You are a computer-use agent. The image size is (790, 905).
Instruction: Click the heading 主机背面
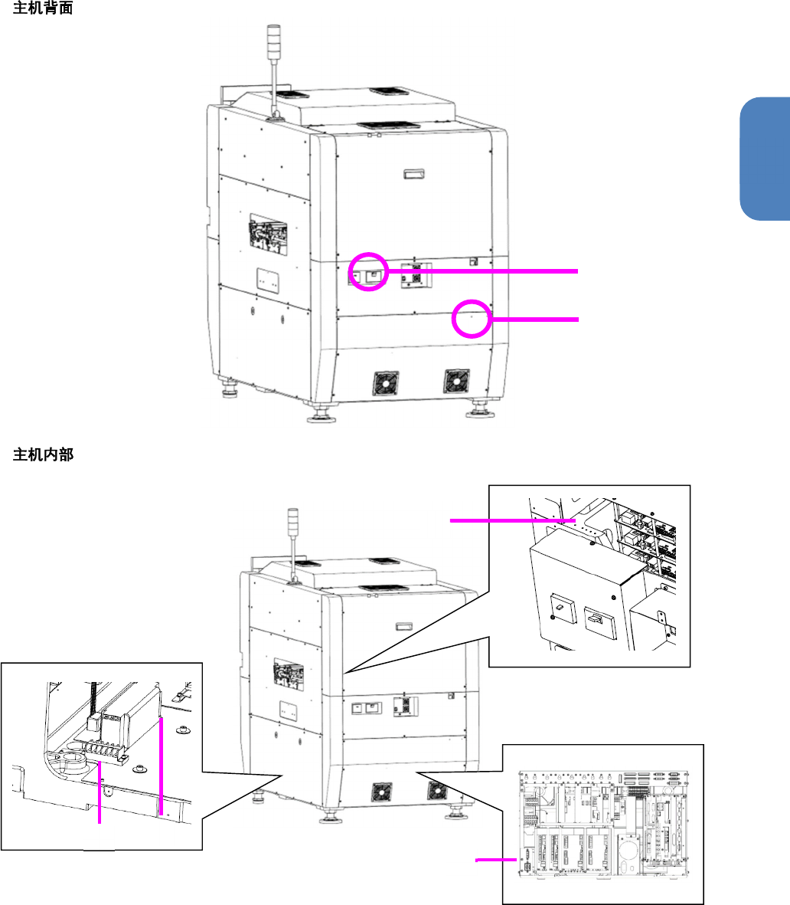[x=43, y=11]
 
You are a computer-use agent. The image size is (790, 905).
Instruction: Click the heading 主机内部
[x=43, y=455]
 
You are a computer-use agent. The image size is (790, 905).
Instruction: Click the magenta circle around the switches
[x=368, y=271]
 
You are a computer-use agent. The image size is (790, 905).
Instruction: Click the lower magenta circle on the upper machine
[x=470, y=317]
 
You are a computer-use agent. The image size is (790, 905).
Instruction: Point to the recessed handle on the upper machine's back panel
[x=413, y=173]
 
